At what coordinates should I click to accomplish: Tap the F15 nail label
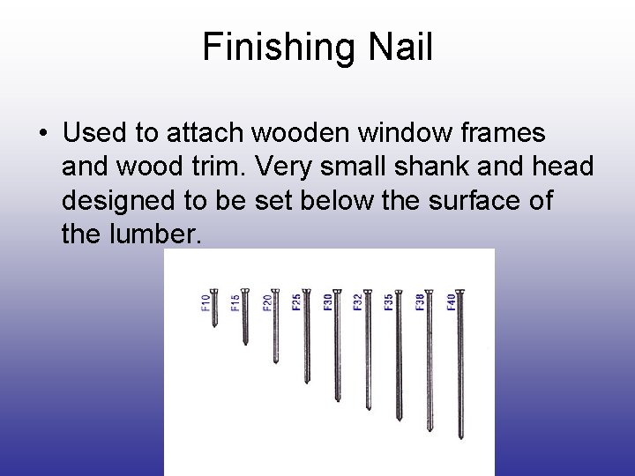pos(235,301)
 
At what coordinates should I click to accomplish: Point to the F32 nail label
pos(357,301)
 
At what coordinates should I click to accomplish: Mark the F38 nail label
pos(419,301)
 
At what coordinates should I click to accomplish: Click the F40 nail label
pos(450,301)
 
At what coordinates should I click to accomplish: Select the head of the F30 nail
pos(337,292)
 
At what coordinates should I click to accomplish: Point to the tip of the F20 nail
pos(276,361)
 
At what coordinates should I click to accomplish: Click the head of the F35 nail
pos(398,292)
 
